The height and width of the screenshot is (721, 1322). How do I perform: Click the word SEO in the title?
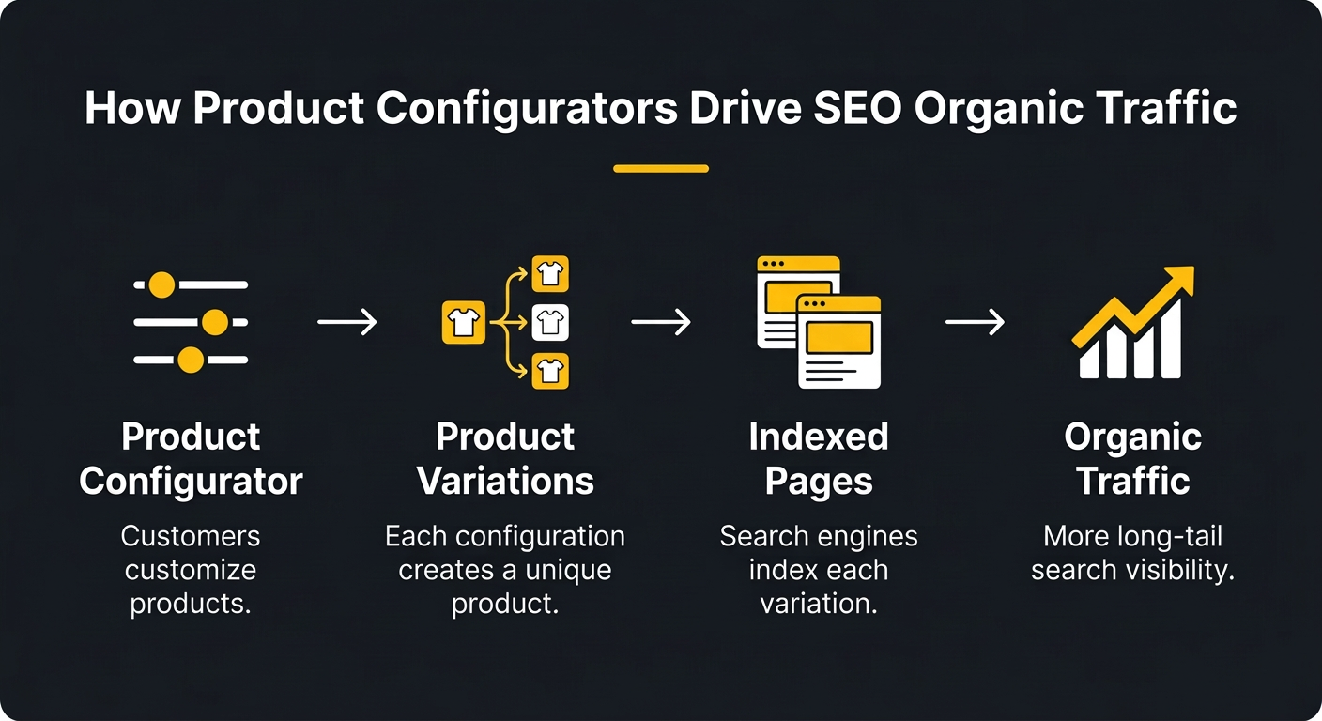856,109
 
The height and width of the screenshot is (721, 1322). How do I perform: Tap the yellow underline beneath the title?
660,169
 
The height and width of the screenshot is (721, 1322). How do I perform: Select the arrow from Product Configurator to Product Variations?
346,323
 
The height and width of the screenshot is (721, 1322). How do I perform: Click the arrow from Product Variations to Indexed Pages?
660,323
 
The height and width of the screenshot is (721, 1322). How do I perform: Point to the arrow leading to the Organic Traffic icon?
974,323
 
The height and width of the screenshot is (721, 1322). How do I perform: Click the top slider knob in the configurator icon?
162,284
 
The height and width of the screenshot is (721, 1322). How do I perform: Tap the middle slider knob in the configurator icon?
215,323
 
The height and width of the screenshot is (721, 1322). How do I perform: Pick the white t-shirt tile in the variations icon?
550,323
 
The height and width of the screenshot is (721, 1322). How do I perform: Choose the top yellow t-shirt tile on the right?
550,274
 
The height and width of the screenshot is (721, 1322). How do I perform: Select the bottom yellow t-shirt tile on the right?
550,371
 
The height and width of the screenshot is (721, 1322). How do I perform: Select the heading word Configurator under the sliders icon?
191,482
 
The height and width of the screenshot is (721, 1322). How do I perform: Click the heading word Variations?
505,482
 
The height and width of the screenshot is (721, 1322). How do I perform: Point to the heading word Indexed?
818,437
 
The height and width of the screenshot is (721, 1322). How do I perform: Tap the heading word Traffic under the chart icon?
1132,482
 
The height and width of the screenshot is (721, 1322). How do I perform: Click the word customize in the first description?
191,570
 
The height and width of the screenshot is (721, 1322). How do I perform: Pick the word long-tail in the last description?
1172,537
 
